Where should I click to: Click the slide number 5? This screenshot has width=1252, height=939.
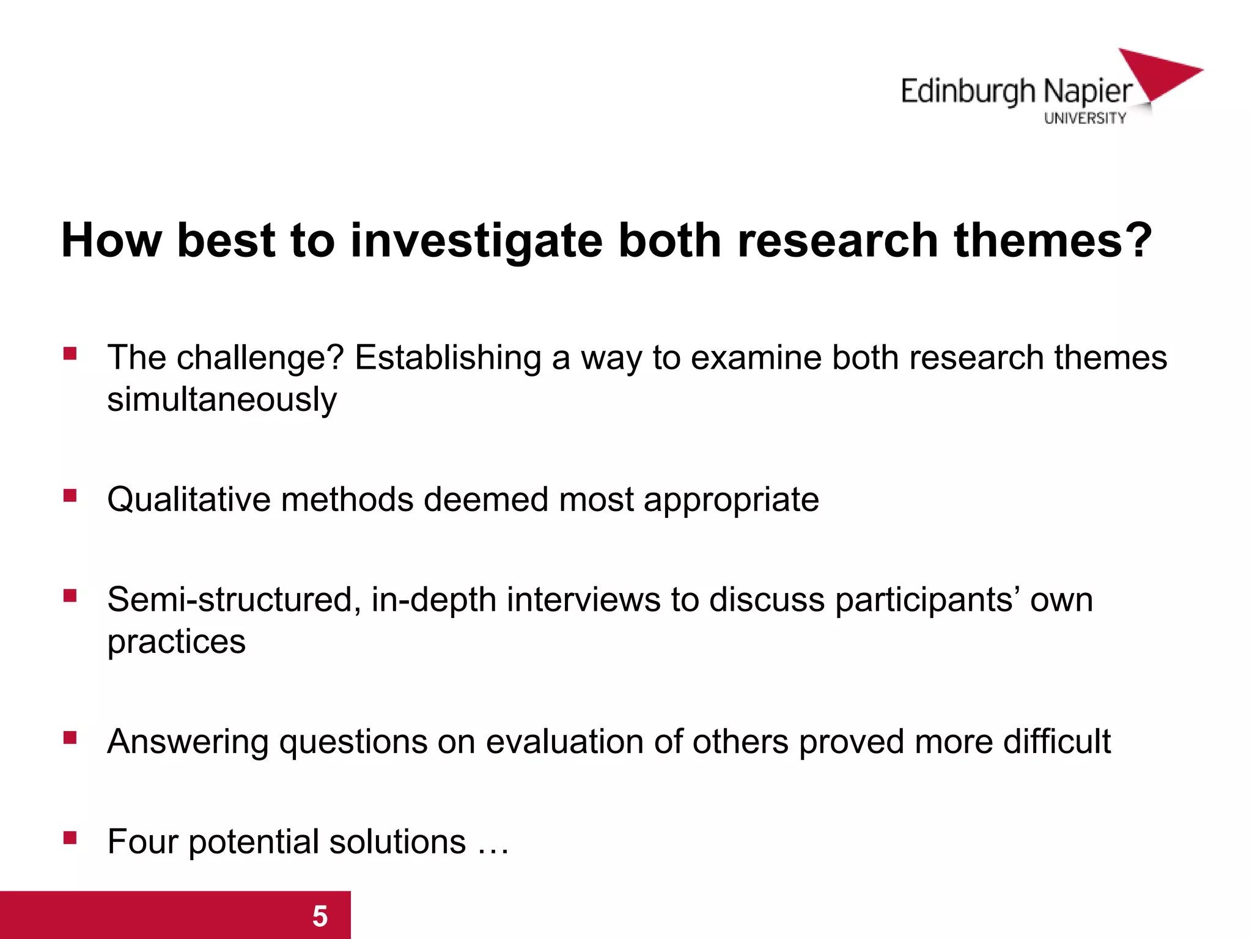coord(320,916)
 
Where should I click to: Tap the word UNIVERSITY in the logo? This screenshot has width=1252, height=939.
coord(1084,118)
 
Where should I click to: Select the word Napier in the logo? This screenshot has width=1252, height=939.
coord(1088,92)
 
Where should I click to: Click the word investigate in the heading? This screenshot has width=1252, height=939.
coord(476,241)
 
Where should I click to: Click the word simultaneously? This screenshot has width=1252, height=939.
coord(222,400)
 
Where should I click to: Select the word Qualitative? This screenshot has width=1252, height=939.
coord(188,499)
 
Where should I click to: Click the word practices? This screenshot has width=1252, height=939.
coord(176,642)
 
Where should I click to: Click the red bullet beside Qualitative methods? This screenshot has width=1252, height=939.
coord(70,495)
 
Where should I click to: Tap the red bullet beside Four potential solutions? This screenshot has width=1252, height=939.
coord(70,838)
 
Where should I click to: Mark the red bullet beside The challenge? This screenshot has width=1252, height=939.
coord(70,353)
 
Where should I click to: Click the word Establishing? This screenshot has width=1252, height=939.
coord(448,358)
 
